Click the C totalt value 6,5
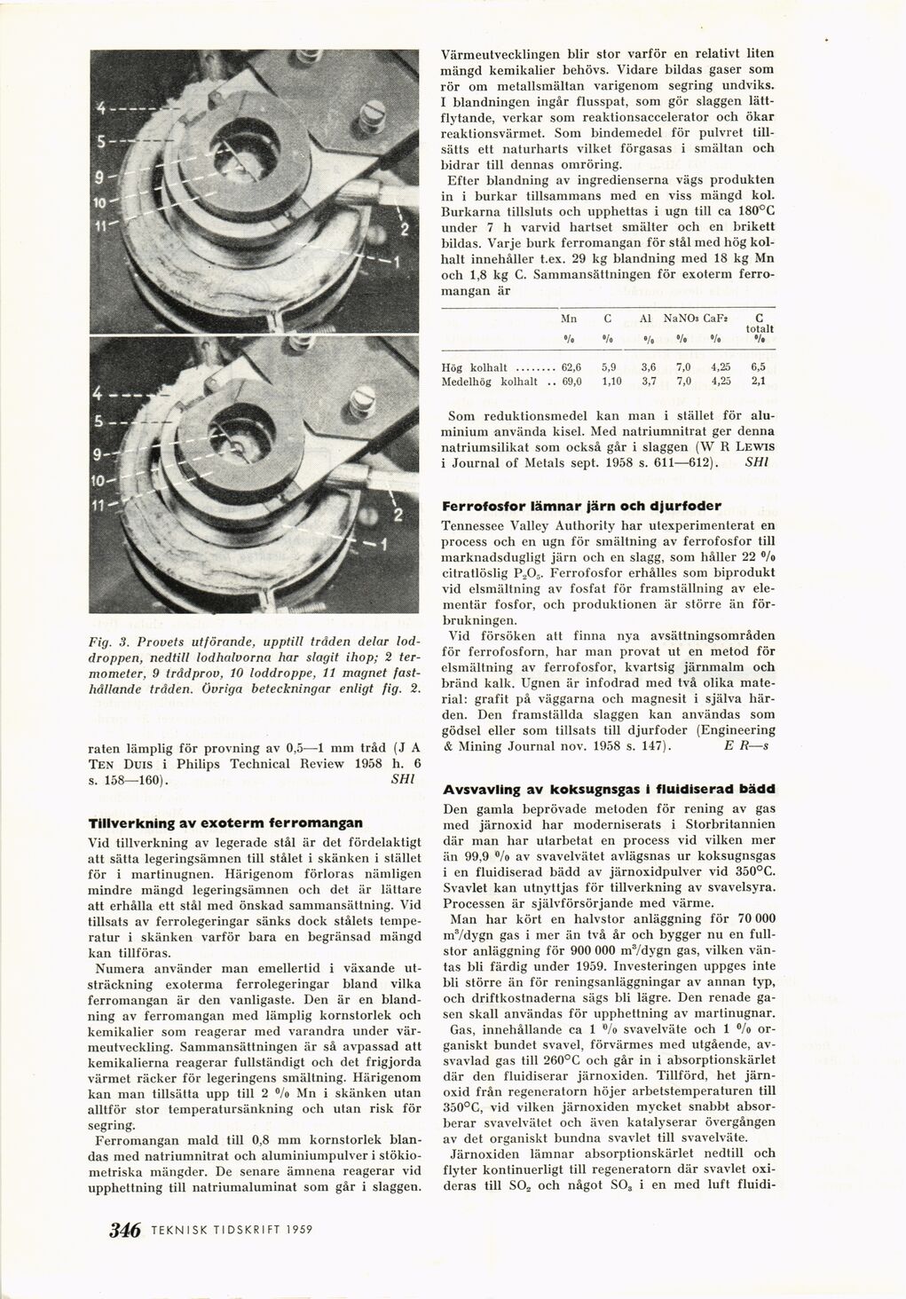757,366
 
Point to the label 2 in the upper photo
404,232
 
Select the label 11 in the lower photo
102,507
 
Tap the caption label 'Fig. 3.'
106,639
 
